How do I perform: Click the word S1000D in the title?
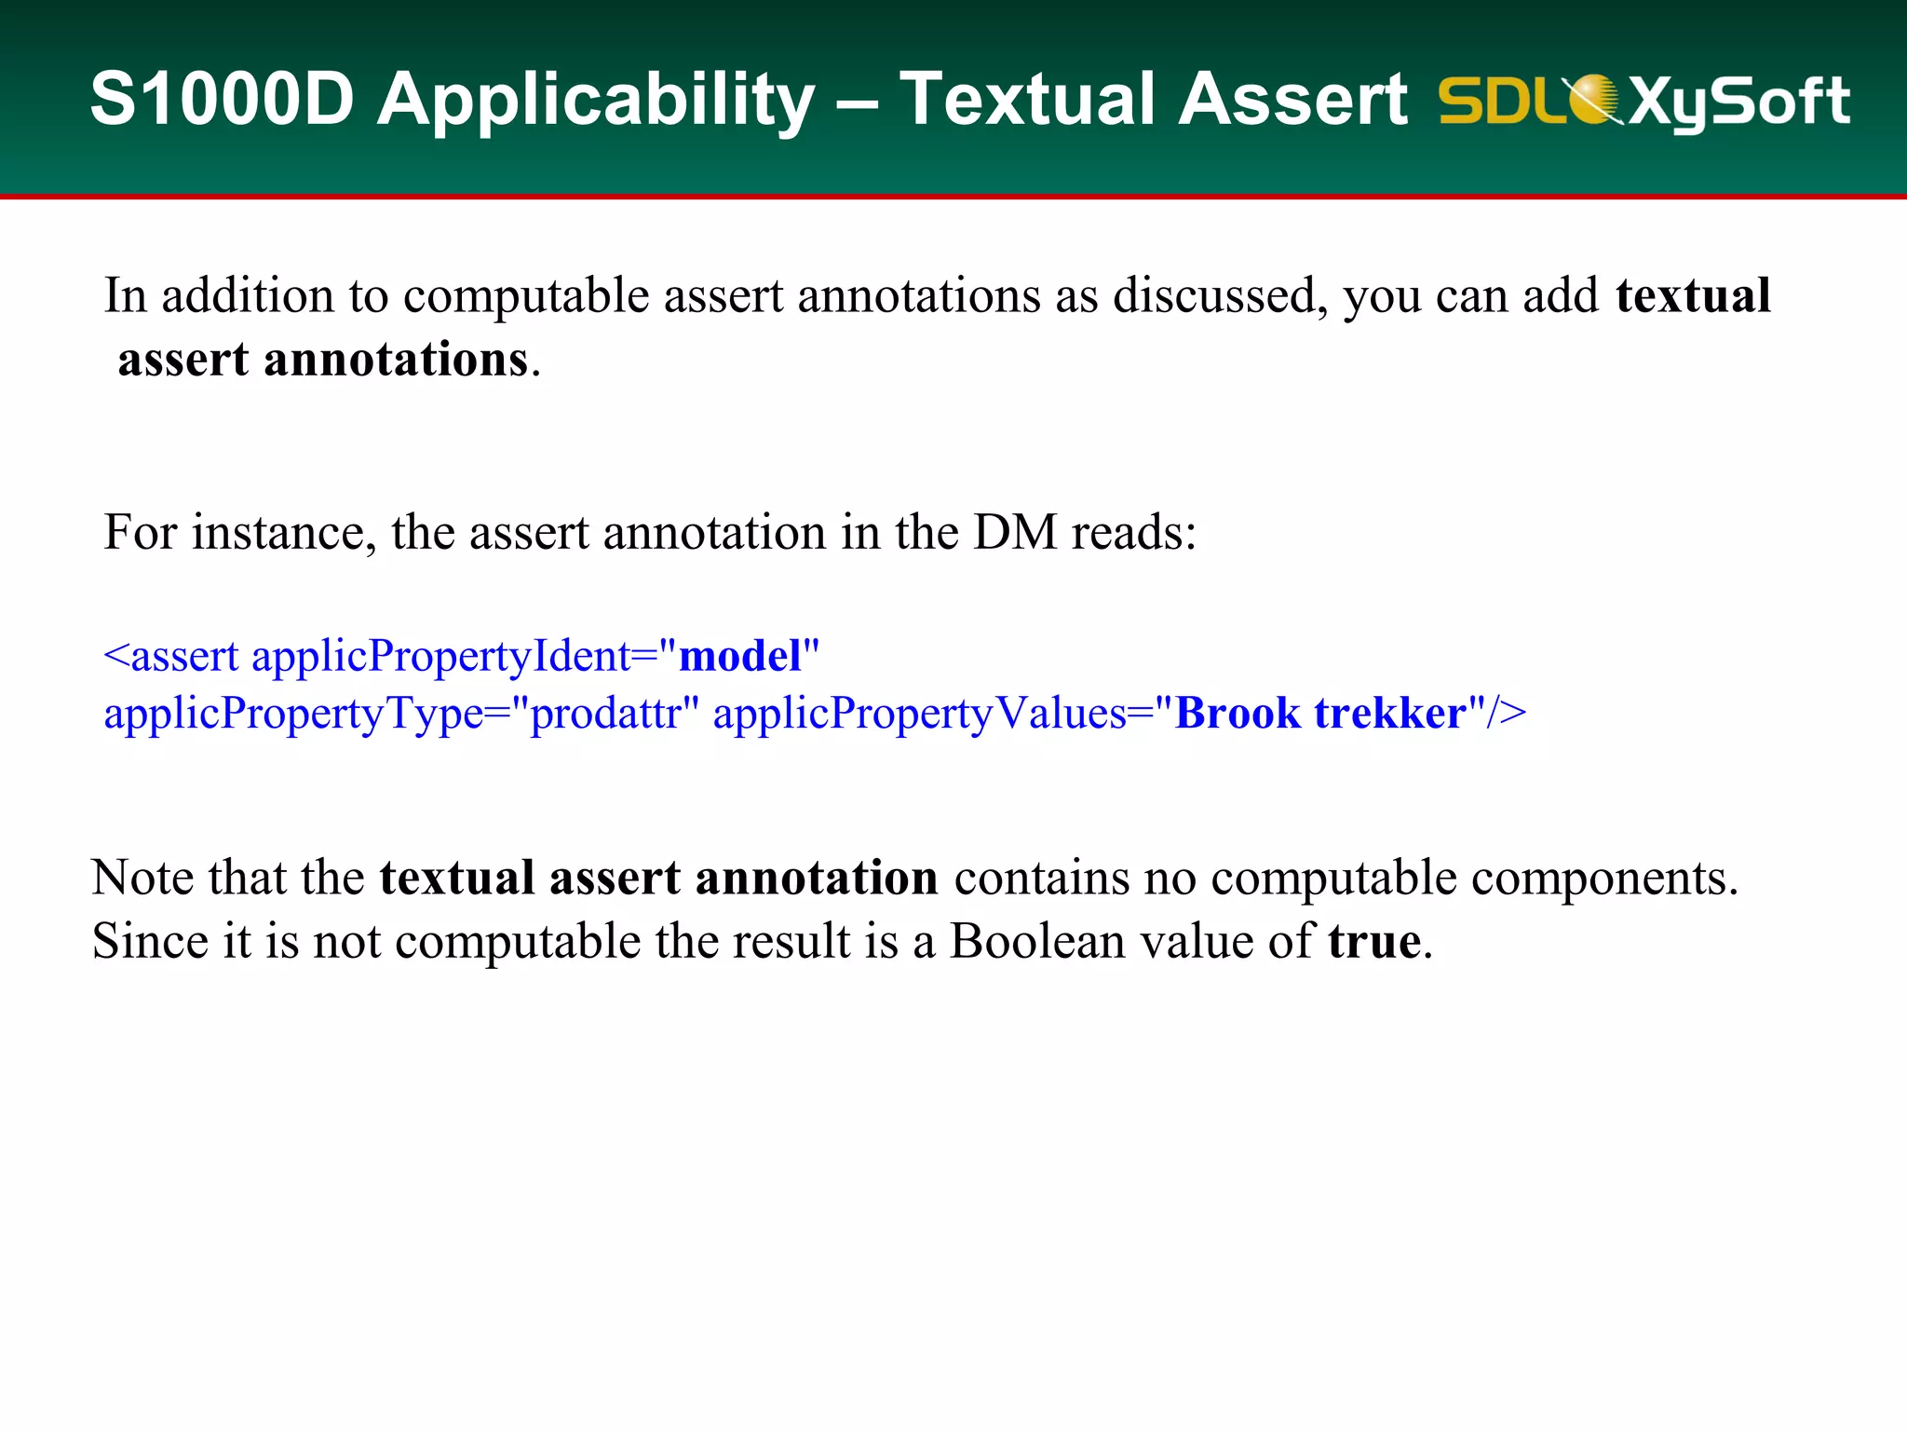[222, 99]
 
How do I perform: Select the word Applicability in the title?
[596, 101]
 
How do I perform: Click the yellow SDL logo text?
[1501, 101]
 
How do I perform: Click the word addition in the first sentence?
[248, 296]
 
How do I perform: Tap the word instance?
[283, 533]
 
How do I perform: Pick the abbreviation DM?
[1015, 533]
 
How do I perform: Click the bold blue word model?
[740, 656]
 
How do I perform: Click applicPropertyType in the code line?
[293, 715]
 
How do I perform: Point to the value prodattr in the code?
[605, 715]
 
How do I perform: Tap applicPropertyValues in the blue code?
[920, 715]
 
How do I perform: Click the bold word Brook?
[1238, 714]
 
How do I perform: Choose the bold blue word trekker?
[1390, 714]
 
